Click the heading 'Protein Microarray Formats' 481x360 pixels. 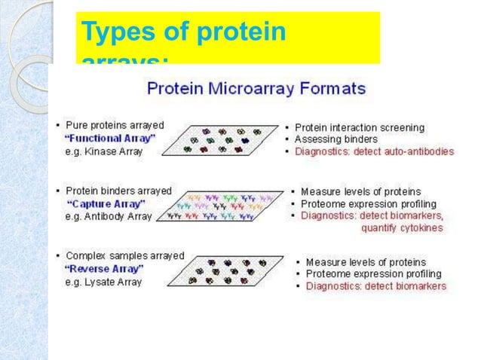point(256,89)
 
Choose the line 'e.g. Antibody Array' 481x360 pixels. point(109,216)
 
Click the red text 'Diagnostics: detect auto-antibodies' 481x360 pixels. point(374,151)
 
